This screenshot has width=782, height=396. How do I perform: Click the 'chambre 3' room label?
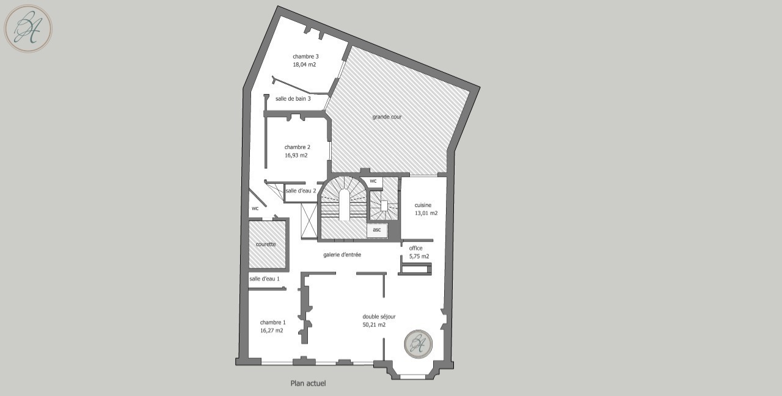pos(305,57)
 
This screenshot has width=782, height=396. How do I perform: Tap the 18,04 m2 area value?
pos(304,65)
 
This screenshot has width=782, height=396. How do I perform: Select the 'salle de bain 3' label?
pos(293,99)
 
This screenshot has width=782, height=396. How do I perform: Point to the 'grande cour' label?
pos(387,117)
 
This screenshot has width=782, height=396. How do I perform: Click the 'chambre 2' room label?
pos(297,147)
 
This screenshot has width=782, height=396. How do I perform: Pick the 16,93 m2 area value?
pos(296,155)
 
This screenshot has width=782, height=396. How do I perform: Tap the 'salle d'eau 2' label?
pos(301,191)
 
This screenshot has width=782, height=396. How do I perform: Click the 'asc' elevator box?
pos(377,230)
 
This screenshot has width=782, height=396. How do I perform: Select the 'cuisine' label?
pos(423,205)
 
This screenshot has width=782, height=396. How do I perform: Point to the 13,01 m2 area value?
pos(426,213)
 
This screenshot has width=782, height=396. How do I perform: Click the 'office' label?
pos(415,248)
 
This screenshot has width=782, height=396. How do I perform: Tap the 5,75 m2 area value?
pos(419,256)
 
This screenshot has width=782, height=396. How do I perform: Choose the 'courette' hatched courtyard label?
pos(266,244)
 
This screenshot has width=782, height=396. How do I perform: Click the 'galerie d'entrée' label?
pos(342,255)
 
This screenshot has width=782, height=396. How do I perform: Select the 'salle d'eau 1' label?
pos(265,279)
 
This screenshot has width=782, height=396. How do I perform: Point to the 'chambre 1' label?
pos(272,323)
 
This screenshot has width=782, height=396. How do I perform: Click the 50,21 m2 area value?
pos(374,324)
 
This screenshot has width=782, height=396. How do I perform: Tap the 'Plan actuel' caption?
pos(309,383)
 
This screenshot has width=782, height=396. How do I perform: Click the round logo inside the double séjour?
pos(418,344)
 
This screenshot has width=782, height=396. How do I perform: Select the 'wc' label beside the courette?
pos(255,208)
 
